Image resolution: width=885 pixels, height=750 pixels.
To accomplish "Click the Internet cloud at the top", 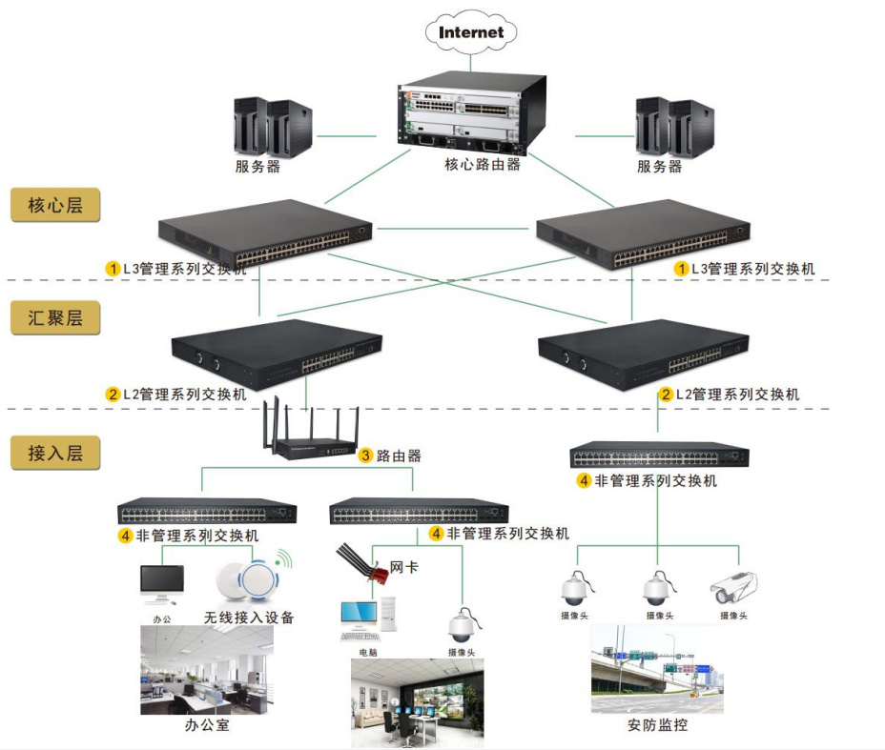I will [x=471, y=32].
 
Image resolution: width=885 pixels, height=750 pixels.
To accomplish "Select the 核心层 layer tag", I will [x=55, y=206].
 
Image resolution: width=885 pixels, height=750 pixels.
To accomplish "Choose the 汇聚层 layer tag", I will [x=55, y=317].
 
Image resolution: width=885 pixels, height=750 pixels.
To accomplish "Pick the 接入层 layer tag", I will [x=55, y=453].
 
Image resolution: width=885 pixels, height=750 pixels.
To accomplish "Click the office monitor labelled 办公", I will [x=161, y=584].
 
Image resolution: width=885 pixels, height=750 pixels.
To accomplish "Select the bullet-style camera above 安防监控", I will [x=734, y=587].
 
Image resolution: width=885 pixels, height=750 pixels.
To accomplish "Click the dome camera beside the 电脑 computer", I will [x=463, y=623].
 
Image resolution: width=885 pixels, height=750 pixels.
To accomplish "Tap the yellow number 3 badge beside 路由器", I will [x=365, y=456].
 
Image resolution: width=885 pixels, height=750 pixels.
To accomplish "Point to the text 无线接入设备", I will [x=249, y=618].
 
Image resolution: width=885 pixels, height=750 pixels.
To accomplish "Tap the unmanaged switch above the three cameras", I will [x=659, y=456].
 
